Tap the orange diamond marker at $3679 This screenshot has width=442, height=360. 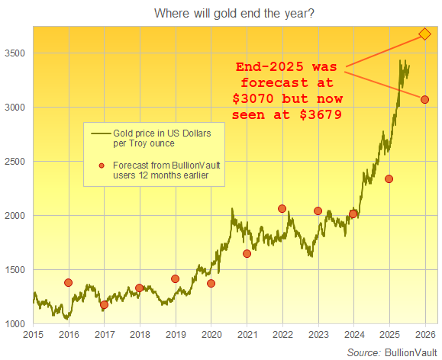click(424, 34)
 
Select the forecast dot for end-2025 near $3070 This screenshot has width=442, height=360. click(424, 100)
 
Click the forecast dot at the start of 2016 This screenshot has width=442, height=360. click(69, 282)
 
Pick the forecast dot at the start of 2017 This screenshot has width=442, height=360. click(104, 305)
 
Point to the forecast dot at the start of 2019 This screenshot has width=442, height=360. click(175, 279)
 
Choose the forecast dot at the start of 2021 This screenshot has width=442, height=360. click(247, 254)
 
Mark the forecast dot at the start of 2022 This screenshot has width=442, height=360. click(282, 208)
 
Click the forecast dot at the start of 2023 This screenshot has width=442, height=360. click(318, 211)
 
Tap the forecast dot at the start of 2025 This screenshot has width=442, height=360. click(389, 179)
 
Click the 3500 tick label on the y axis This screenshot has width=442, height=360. click(16, 53)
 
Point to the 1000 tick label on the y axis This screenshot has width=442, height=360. click(16, 324)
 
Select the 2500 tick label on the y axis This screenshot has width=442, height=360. click(16, 162)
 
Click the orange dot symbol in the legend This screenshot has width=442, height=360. click(100, 166)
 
